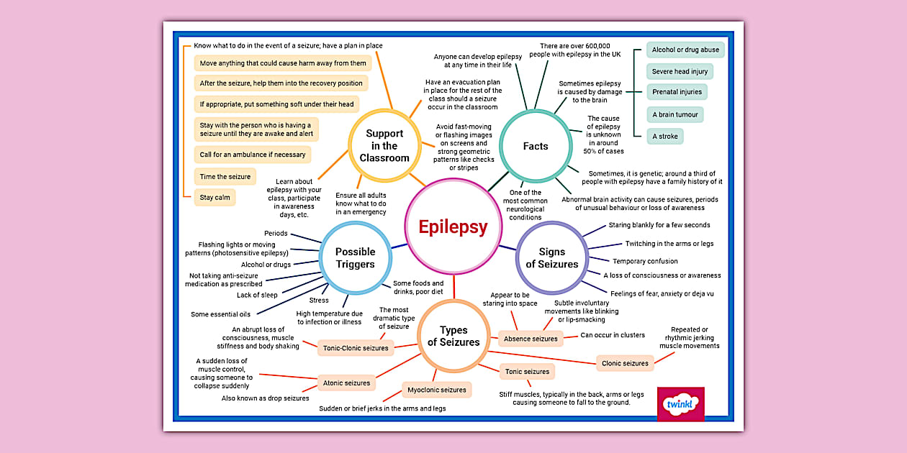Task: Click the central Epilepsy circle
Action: pyautogui.click(x=453, y=227)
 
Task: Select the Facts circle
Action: pyautogui.click(x=535, y=146)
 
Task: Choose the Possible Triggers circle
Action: pyautogui.click(x=355, y=257)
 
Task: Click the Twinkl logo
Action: pyautogui.click(x=681, y=403)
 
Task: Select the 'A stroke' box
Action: pyautogui.click(x=664, y=136)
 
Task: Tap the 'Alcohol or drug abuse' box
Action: pyautogui.click(x=685, y=50)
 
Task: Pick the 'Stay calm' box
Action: pyautogui.click(x=215, y=197)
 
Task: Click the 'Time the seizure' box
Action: pyautogui.click(x=225, y=176)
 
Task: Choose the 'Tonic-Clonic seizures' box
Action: pyautogui.click(x=356, y=348)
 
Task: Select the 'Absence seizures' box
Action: pyautogui.click(x=531, y=339)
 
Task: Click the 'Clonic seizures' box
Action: pyautogui.click(x=625, y=363)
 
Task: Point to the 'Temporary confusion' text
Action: pyautogui.click(x=645, y=261)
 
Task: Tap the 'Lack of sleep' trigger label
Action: pyautogui.click(x=257, y=295)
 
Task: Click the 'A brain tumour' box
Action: pyautogui.click(x=674, y=114)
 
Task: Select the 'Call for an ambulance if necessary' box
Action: pyautogui.click(x=253, y=155)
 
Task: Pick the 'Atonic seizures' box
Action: pyautogui.click(x=346, y=383)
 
